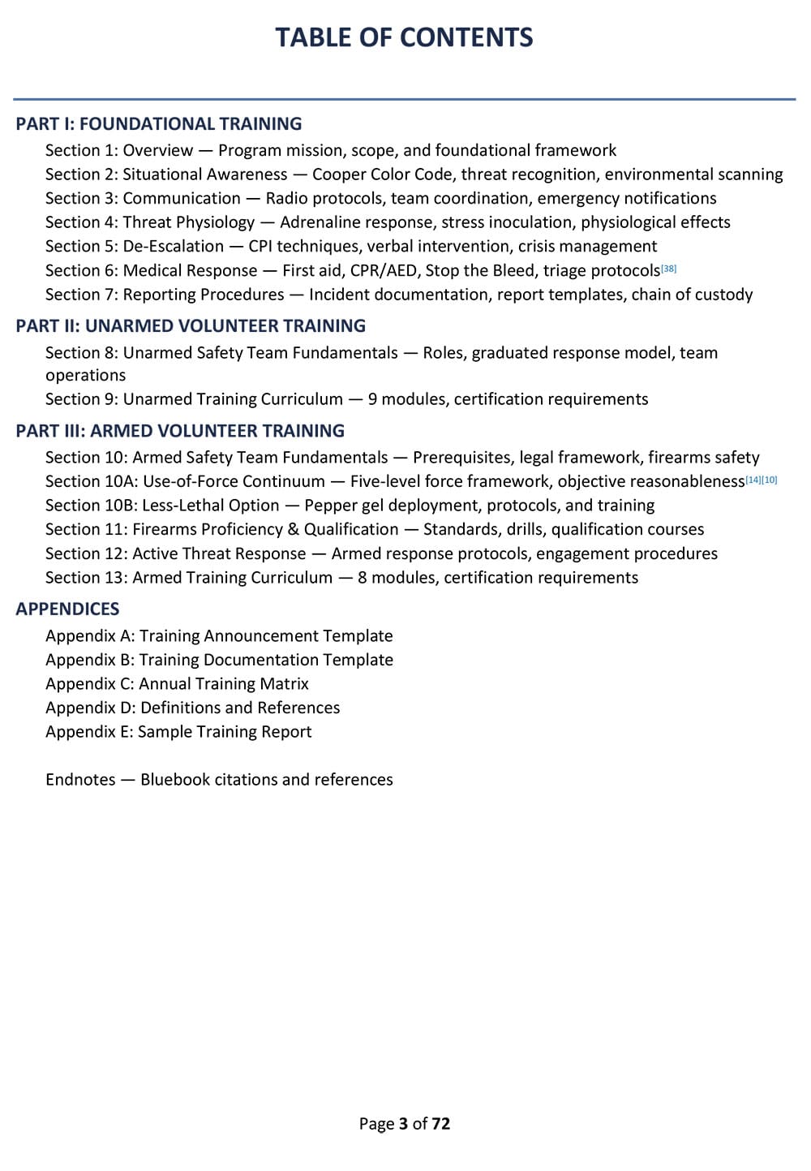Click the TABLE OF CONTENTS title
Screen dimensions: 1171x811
[x=404, y=37]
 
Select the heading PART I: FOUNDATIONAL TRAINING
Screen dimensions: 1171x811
[x=159, y=124]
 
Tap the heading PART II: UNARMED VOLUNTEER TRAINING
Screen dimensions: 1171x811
[x=191, y=326]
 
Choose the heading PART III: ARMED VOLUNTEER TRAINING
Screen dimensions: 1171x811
[x=180, y=431]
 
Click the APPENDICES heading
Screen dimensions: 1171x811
[x=67, y=609]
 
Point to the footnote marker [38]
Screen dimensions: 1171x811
[x=669, y=268]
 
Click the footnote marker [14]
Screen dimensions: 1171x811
[x=753, y=480]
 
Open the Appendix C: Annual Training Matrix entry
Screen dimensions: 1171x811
[x=177, y=684]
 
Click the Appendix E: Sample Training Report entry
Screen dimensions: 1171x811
[x=178, y=732]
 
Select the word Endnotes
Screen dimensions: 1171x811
[x=80, y=780]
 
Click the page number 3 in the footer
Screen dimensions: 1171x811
[x=403, y=1124]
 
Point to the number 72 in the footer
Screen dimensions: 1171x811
[x=440, y=1124]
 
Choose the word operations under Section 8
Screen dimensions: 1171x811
[x=85, y=376]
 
